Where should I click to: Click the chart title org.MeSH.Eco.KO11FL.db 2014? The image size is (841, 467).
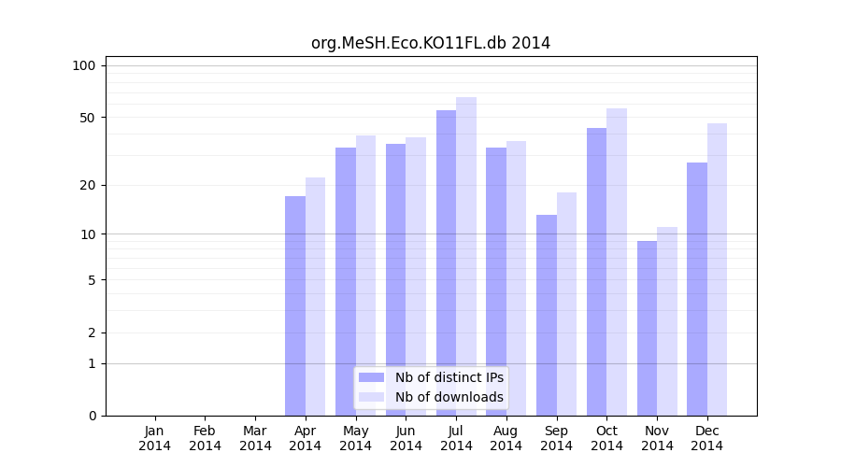coord(431,43)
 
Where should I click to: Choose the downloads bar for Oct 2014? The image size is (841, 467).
coord(617,262)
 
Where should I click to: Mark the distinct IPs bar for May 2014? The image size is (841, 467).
coord(346,281)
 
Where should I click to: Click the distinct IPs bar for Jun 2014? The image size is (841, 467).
coord(396,279)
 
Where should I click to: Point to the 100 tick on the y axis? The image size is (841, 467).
coord(84,65)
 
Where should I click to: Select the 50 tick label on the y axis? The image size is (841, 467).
coord(88,118)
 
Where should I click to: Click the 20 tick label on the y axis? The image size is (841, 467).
coord(88,185)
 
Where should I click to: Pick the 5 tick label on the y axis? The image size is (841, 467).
coord(92,279)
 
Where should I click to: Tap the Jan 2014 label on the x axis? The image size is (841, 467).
coord(155,438)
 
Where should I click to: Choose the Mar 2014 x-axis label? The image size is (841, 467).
coord(255,438)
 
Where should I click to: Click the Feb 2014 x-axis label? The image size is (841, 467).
coord(206,438)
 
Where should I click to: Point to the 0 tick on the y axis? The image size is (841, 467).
coord(92,416)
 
